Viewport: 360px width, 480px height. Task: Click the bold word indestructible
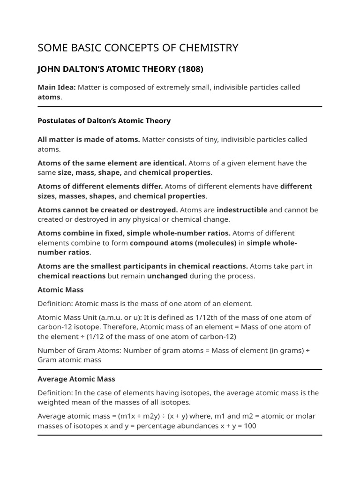point(242,210)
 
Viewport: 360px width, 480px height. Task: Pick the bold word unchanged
point(167,276)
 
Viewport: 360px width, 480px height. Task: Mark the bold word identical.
point(170,163)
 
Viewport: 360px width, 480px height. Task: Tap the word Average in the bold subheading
point(52,379)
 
